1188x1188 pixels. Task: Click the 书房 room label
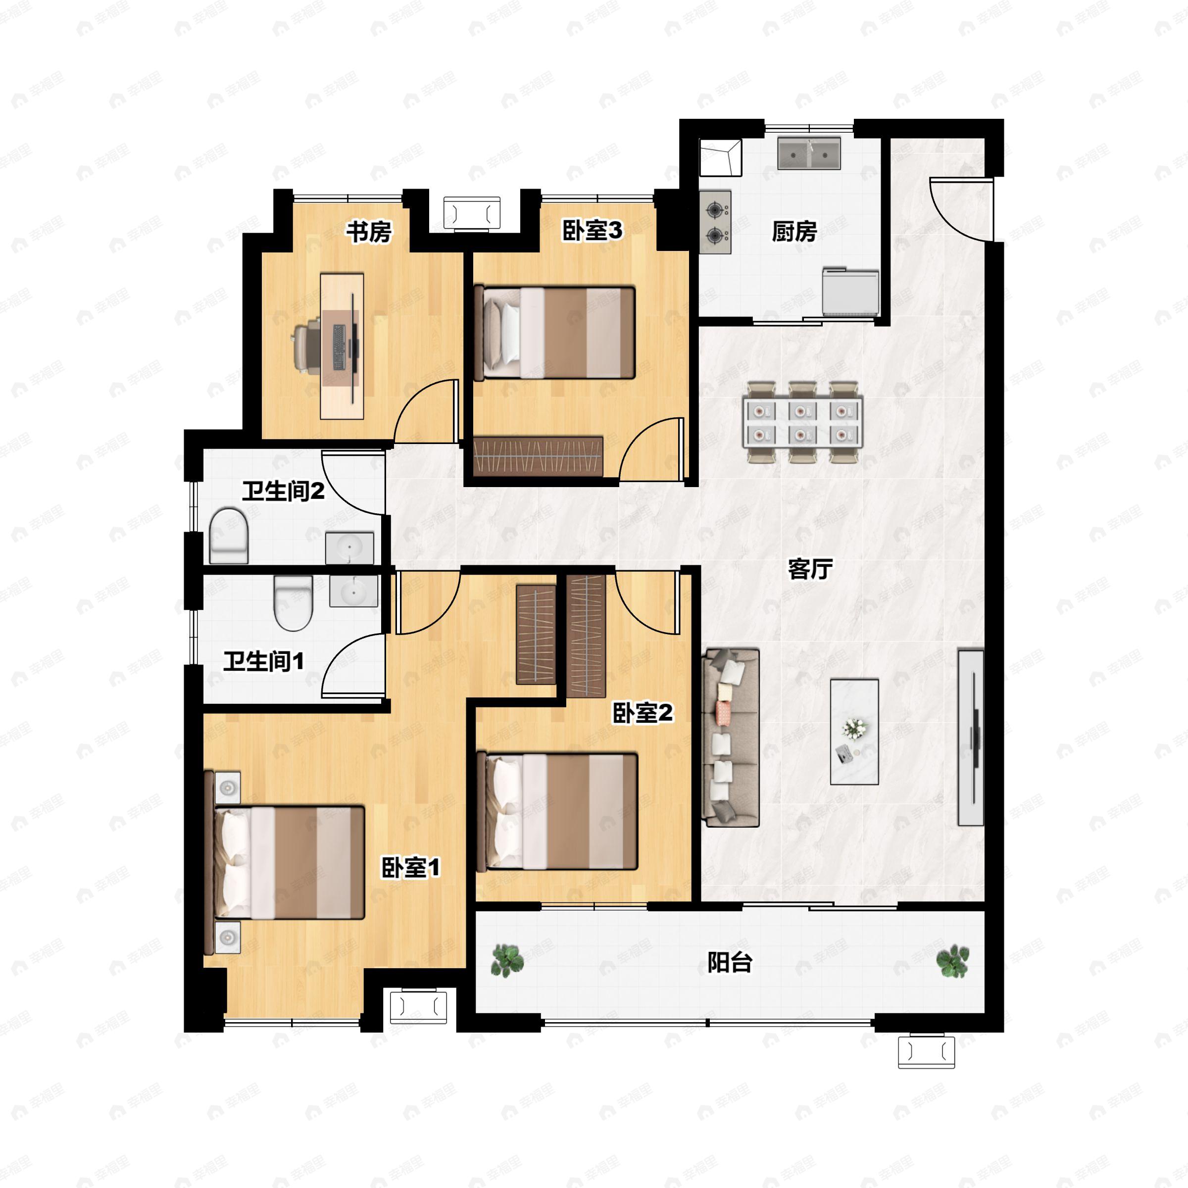click(368, 233)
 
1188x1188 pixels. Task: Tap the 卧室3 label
click(592, 231)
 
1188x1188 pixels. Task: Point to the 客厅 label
click(810, 569)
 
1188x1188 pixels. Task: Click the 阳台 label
click(730, 962)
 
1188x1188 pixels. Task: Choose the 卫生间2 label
click(283, 492)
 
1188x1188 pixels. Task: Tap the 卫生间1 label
click(263, 662)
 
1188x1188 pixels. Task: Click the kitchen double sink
click(809, 153)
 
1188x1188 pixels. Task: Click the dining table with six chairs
click(802, 422)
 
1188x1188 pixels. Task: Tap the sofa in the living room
click(731, 737)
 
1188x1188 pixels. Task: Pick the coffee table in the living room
click(854, 732)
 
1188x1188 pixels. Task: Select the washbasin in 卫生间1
click(353, 591)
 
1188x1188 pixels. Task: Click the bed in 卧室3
click(554, 333)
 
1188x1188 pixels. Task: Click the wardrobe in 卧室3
click(538, 456)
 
